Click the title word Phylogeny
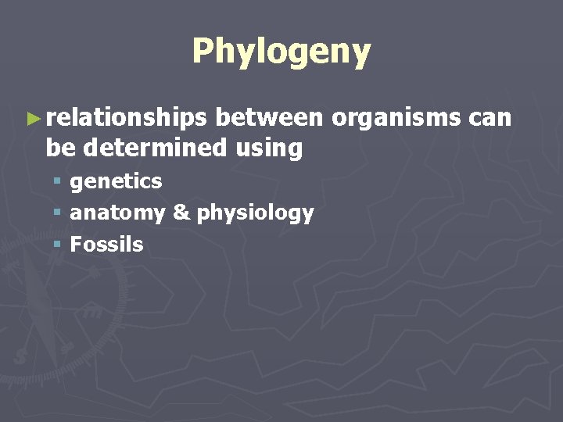pyautogui.click(x=281, y=52)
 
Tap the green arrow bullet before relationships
pyautogui.click(x=32, y=119)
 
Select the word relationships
pyautogui.click(x=126, y=118)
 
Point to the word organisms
pyautogui.click(x=396, y=118)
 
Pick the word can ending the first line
pyautogui.click(x=490, y=118)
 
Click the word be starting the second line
pyautogui.click(x=59, y=147)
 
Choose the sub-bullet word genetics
pyautogui.click(x=116, y=181)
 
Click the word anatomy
pyautogui.click(x=117, y=213)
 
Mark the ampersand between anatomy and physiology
pyautogui.click(x=181, y=213)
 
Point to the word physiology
pyautogui.click(x=255, y=213)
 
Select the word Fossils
pyautogui.click(x=106, y=245)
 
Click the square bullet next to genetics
pyautogui.click(x=57, y=182)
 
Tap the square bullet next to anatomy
pyautogui.click(x=57, y=213)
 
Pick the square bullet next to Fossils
pyautogui.click(x=57, y=245)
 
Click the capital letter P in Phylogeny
pyautogui.click(x=203, y=52)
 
